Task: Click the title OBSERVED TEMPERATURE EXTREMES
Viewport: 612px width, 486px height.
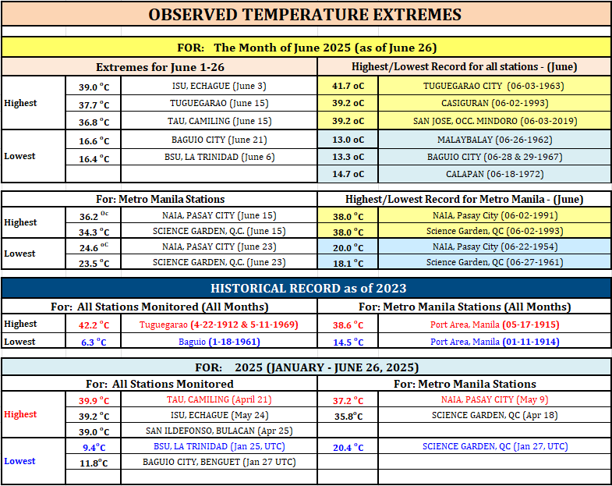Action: pyautogui.click(x=305, y=15)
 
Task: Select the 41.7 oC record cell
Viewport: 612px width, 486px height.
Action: pyautogui.click(x=348, y=86)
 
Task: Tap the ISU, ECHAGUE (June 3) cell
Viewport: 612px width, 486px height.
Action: pyautogui.click(x=219, y=86)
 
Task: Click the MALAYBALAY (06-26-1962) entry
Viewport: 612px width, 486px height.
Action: pyautogui.click(x=494, y=140)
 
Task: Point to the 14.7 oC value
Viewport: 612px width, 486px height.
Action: pyautogui.click(x=348, y=174)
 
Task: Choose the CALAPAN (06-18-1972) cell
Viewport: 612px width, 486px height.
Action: pyautogui.click(x=494, y=174)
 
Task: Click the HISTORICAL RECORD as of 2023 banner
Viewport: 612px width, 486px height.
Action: pyautogui.click(x=309, y=289)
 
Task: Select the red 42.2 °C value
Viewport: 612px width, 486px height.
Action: pyautogui.click(x=94, y=325)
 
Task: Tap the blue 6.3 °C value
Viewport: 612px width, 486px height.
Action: pyautogui.click(x=94, y=342)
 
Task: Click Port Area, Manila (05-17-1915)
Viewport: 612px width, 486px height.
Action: pyautogui.click(x=494, y=325)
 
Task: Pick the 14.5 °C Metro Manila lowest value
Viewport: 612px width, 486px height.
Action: pyautogui.click(x=348, y=342)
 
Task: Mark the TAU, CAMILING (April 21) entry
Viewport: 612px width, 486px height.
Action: pyautogui.click(x=219, y=399)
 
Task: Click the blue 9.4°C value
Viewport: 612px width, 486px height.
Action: pyautogui.click(x=94, y=447)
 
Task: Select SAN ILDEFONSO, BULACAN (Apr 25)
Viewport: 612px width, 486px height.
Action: pyautogui.click(x=219, y=431)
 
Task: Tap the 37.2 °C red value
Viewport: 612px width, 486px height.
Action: pyautogui.click(x=348, y=401)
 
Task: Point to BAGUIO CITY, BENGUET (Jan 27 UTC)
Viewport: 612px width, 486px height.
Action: pyautogui.click(x=219, y=462)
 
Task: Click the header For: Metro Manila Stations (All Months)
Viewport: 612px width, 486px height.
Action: pyautogui.click(x=465, y=307)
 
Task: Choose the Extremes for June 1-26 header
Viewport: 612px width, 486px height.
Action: pyautogui.click(x=160, y=67)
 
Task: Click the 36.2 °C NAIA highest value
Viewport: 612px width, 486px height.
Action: pyautogui.click(x=94, y=216)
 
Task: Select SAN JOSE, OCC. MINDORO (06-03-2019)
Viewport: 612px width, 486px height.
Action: pyautogui.click(x=494, y=121)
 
